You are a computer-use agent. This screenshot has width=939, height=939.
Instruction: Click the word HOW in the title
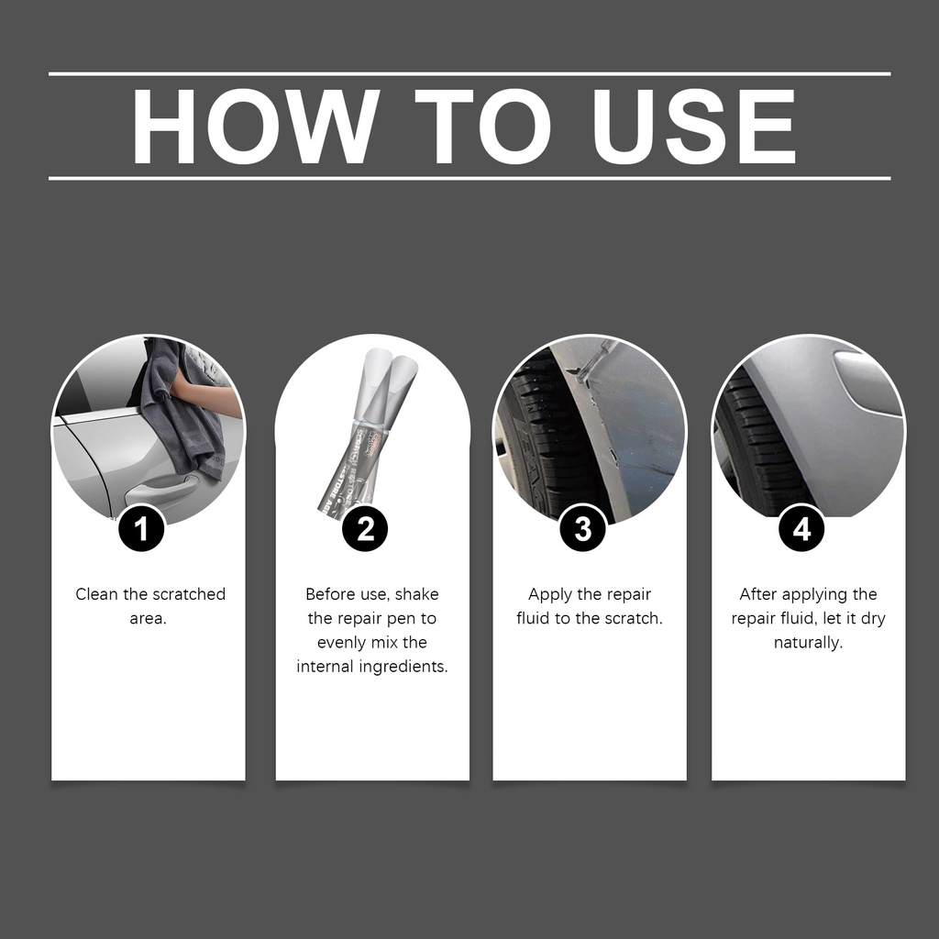pyautogui.click(x=255, y=126)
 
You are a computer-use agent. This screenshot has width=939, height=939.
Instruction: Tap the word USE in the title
pyautogui.click(x=694, y=126)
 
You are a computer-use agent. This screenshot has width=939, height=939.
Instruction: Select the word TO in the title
pyautogui.click(x=482, y=126)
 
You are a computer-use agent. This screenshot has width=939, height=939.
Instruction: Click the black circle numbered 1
pyautogui.click(x=141, y=528)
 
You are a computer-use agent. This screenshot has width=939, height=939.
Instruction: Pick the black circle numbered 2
pyautogui.click(x=365, y=528)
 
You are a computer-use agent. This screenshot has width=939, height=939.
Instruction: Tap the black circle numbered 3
pyautogui.click(x=583, y=528)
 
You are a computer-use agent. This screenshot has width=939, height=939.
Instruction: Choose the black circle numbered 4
pyautogui.click(x=801, y=528)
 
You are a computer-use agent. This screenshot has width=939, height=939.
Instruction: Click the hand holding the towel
pyautogui.click(x=206, y=396)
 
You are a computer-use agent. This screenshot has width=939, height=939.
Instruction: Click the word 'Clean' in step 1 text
pyautogui.click(x=97, y=594)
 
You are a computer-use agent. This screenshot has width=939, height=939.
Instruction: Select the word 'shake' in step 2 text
pyautogui.click(x=417, y=594)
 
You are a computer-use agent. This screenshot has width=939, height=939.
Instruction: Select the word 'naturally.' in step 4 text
pyautogui.click(x=809, y=643)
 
